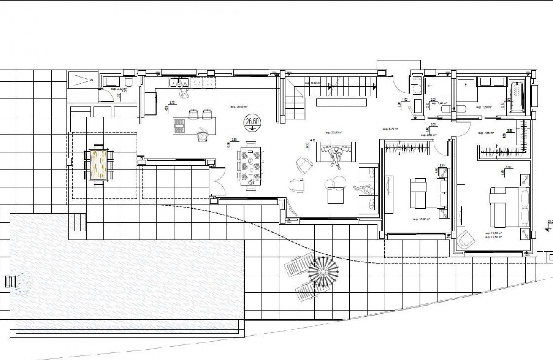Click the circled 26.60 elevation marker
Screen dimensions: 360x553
click(x=251, y=122)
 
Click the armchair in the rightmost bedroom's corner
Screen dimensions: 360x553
click(x=465, y=240)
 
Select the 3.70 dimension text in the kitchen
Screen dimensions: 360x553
click(x=171, y=102)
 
